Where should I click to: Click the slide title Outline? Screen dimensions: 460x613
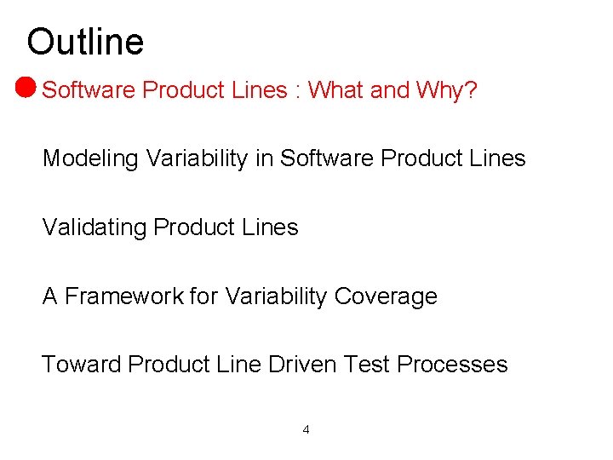[85, 42]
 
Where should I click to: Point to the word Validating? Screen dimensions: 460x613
[95, 227]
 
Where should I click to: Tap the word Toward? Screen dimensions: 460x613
[82, 365]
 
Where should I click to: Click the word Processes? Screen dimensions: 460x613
[452, 365]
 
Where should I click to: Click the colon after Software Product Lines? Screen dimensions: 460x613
[297, 91]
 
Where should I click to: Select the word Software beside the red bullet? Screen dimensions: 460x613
[89, 90]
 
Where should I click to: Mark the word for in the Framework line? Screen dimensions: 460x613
[203, 296]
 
